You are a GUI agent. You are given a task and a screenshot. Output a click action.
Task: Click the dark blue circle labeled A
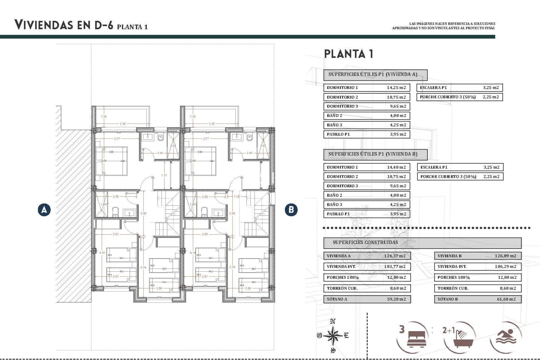pyautogui.click(x=44, y=210)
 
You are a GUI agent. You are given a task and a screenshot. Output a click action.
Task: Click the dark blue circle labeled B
pyautogui.click(x=291, y=210)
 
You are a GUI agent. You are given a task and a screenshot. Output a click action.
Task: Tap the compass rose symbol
pyautogui.click(x=333, y=336)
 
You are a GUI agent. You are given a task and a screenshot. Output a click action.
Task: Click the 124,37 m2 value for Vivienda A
pyautogui.click(x=395, y=256)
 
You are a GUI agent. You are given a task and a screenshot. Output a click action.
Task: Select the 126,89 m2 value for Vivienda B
pyautogui.click(x=505, y=256)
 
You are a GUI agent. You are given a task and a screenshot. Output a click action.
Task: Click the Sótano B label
pyautogui.click(x=447, y=299)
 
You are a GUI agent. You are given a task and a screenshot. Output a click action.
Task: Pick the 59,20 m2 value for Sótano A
pyautogui.click(x=396, y=299)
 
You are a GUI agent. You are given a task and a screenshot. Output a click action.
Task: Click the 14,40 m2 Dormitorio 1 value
pyautogui.click(x=396, y=167)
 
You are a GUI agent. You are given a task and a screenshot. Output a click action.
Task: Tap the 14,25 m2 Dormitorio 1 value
pyautogui.click(x=396, y=87)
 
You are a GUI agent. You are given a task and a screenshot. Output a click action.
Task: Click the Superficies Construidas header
pyautogui.click(x=365, y=242)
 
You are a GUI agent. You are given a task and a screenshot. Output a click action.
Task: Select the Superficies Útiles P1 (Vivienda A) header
pyautogui.click(x=373, y=75)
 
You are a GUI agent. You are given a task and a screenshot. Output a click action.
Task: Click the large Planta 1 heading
pyautogui.click(x=349, y=54)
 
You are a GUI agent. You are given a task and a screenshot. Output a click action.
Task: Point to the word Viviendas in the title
pyautogui.click(x=44, y=25)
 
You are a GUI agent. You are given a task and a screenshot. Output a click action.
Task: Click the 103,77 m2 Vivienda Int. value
pyautogui.click(x=395, y=267)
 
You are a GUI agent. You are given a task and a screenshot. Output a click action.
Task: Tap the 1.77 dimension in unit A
pyautogui.click(x=164, y=175)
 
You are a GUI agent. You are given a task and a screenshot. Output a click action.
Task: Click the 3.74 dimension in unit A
pyautogui.click(x=143, y=267)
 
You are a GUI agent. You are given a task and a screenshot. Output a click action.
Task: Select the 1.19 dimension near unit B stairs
pyautogui.click(x=237, y=197)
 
